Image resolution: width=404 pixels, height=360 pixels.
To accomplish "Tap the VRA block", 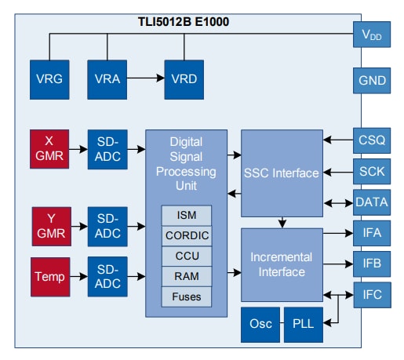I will coord(106,79).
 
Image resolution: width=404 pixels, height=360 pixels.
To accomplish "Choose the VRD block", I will coord(181,79).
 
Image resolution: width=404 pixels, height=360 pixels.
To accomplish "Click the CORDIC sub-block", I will coord(186,235).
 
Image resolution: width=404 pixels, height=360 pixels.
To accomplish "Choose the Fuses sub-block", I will coord(186,296).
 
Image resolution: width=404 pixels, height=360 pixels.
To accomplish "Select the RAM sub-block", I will coord(186,276).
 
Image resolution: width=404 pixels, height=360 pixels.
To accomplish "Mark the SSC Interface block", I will coord(281,173).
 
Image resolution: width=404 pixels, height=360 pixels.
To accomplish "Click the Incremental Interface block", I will coord(281,264).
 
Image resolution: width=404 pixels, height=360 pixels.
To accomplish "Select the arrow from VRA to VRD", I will coord(144,79).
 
